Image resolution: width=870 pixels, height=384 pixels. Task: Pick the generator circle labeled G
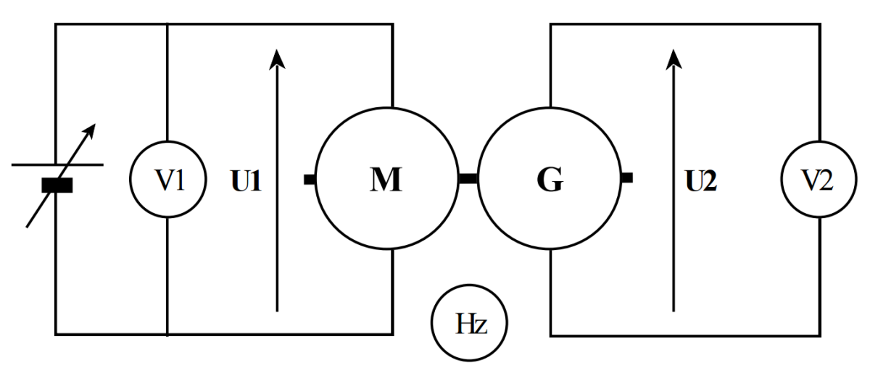(x=550, y=178)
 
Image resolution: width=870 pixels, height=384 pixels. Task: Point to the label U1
(x=246, y=180)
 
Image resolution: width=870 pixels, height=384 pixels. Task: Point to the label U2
(x=701, y=180)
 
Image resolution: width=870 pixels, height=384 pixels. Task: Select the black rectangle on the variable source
(x=57, y=185)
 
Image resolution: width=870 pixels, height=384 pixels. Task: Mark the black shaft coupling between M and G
(x=468, y=178)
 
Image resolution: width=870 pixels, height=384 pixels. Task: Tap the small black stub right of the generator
(x=628, y=177)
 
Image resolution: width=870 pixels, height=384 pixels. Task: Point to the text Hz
(x=469, y=324)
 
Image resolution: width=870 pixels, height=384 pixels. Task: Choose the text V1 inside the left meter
(x=167, y=180)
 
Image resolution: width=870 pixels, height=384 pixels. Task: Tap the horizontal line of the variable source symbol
(x=29, y=164)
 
